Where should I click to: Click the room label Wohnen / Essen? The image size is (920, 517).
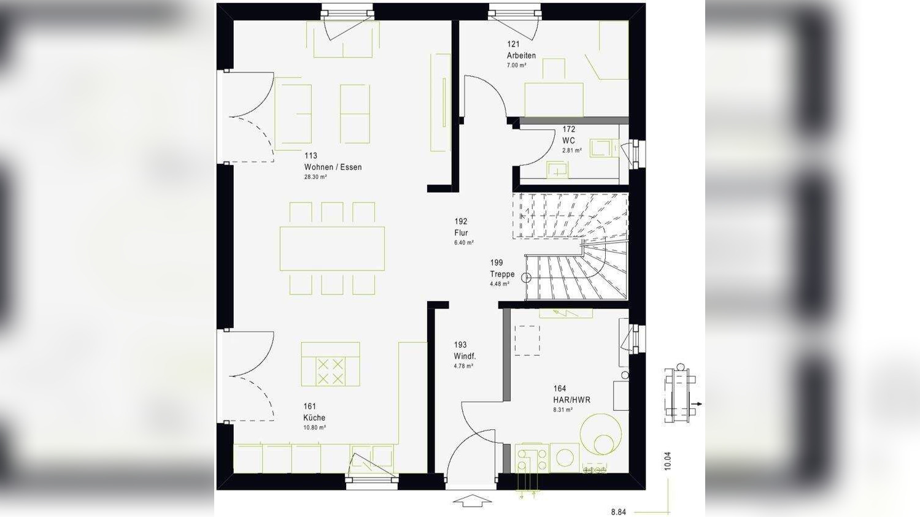pos(333,167)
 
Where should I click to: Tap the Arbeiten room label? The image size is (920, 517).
pos(521,55)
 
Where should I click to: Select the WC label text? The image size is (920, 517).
pos(568,140)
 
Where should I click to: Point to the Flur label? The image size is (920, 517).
pos(461,232)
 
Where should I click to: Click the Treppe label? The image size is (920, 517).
pos(502,274)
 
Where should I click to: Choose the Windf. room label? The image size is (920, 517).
pos(465,356)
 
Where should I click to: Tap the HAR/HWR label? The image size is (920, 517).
pos(571,400)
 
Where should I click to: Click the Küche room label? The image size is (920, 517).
pos(314,418)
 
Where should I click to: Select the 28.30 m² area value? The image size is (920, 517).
pos(315,177)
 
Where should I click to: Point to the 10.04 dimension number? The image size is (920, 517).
pos(667,461)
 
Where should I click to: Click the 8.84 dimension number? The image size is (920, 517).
pos(618,512)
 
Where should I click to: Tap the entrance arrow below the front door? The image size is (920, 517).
pos(472,500)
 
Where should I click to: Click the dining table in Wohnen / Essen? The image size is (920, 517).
pos(332,248)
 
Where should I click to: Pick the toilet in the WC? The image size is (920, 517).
pos(602,148)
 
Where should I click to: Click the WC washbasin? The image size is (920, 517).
pos(557,169)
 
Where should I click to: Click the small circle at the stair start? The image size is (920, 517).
pos(526,277)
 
